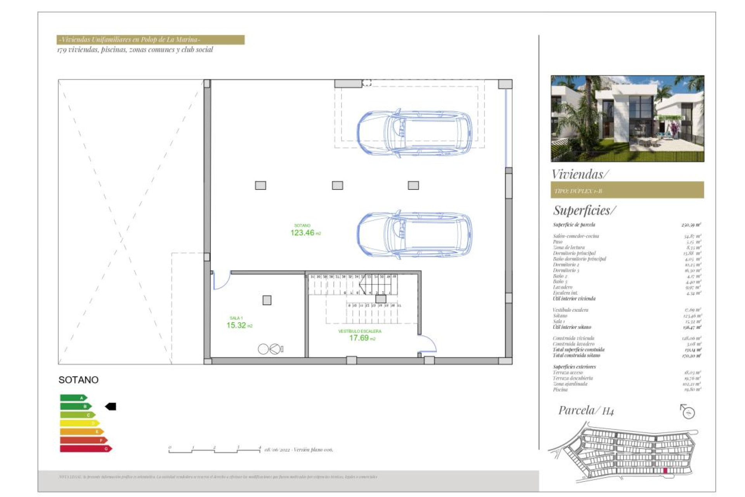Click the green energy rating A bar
coord(73,398)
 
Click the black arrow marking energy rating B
coord(111,407)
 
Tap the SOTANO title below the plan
coord(78,380)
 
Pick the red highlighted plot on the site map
coord(665,471)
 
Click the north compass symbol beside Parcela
coord(688,412)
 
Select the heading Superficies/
coord(584,210)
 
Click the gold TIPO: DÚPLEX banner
coord(627,190)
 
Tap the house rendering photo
coord(627,118)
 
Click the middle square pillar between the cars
coord(337,186)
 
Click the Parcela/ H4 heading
coord(586,410)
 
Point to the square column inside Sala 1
coord(267,300)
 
